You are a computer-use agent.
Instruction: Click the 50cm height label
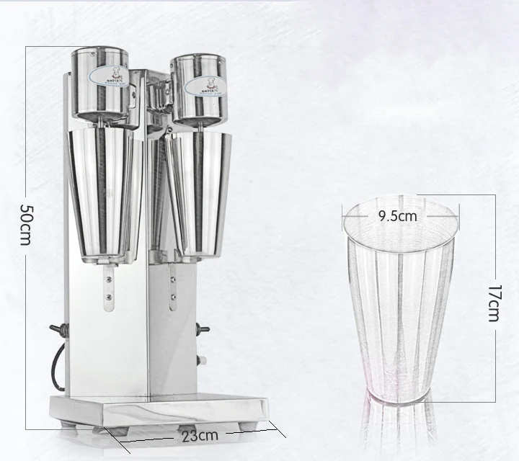[x=26, y=225]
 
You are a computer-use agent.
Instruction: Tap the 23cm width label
[x=200, y=434]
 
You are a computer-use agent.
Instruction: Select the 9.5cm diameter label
[x=397, y=215]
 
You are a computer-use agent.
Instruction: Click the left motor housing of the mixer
[x=100, y=84]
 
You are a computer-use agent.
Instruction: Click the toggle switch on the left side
[x=57, y=330]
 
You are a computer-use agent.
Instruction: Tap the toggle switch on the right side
[x=203, y=329]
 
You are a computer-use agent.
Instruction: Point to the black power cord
[x=56, y=367]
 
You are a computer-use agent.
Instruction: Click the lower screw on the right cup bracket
[x=171, y=295]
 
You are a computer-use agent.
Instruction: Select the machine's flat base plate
[x=159, y=410]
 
